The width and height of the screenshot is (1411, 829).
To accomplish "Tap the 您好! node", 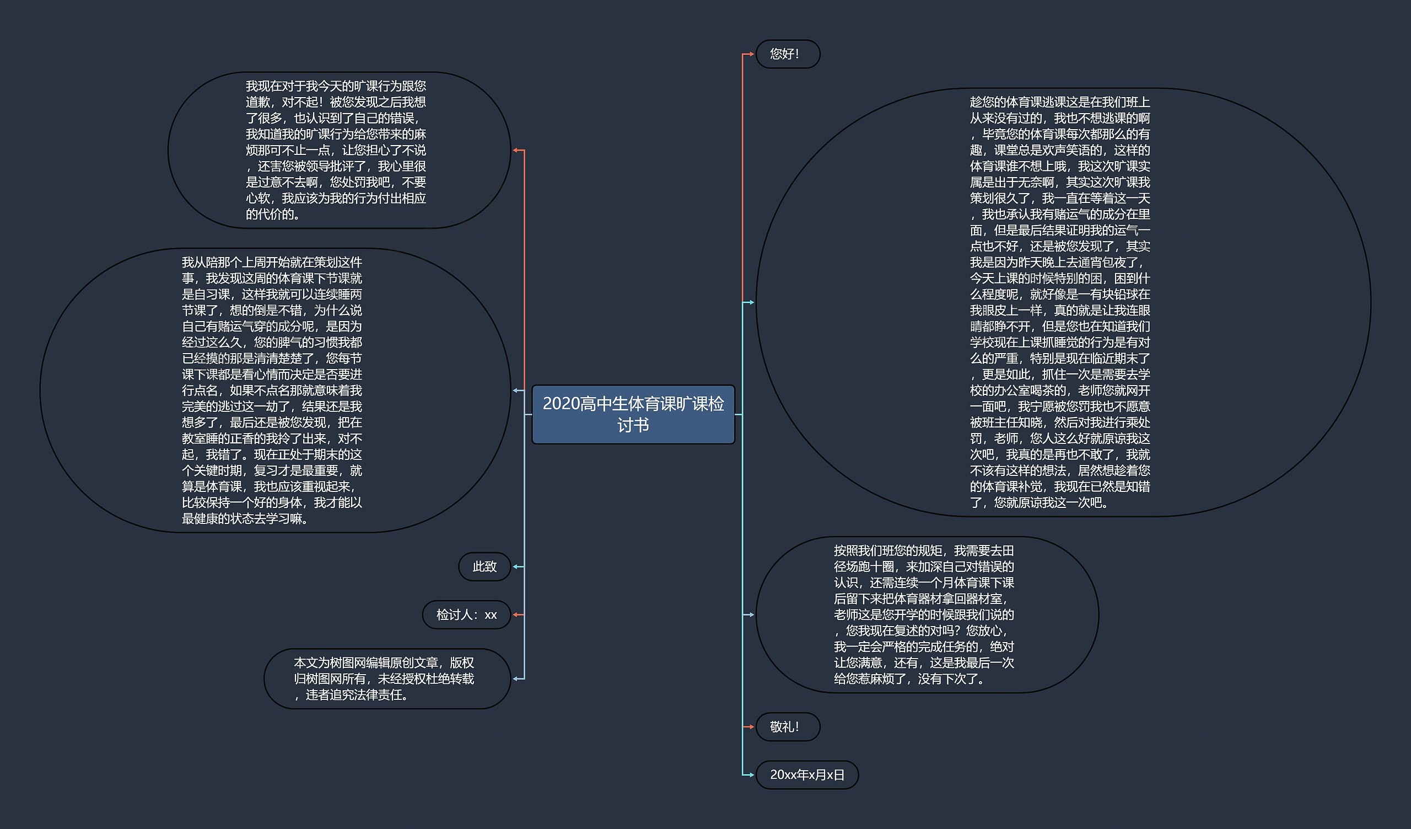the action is tap(787, 55).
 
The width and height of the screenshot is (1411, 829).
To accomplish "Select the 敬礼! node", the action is tap(787, 726).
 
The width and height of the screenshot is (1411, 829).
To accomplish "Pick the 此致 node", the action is tap(484, 566).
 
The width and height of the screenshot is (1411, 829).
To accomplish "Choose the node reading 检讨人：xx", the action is tap(466, 614).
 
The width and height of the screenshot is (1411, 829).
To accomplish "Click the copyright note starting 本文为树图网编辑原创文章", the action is tap(386, 678).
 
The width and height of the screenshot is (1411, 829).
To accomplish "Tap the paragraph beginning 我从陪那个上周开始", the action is tap(274, 391).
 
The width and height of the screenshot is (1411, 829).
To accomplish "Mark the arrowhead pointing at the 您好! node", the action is tap(751, 55).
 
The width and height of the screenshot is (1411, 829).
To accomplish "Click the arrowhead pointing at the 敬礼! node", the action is tap(751, 726).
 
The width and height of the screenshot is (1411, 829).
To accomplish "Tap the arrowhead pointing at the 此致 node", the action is tap(516, 566).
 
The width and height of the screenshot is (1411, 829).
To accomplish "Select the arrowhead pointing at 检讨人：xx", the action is tap(516, 614).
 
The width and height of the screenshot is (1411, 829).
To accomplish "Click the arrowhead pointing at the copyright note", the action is tap(516, 678).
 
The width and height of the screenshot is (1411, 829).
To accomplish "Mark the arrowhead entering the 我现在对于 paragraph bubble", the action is tap(516, 150).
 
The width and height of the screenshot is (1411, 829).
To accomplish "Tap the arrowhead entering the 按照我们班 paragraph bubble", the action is tap(751, 614).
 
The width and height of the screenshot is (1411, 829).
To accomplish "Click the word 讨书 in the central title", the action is tap(633, 425).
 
